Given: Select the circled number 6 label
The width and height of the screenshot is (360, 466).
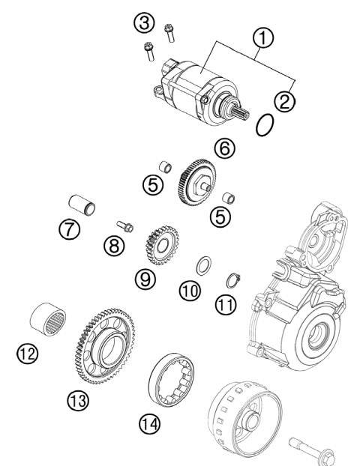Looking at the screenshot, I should (223, 149).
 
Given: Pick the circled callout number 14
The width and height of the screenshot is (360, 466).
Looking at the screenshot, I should (148, 424).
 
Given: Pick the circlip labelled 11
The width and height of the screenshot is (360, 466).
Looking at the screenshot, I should (233, 281).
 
